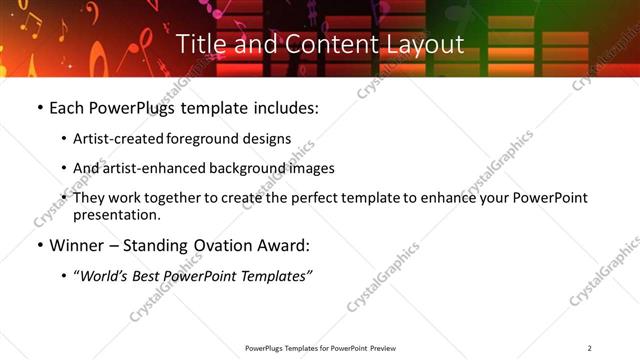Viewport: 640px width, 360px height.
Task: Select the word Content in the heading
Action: click(319, 44)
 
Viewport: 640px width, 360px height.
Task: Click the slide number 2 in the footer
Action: click(589, 347)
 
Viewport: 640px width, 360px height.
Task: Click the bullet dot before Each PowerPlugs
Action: click(40, 107)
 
